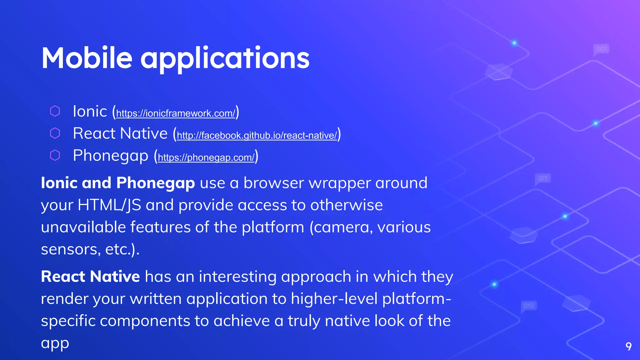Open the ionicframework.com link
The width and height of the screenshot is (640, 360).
[x=175, y=113]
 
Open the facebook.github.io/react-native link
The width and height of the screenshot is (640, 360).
[x=257, y=135]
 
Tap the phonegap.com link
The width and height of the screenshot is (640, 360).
[x=206, y=157]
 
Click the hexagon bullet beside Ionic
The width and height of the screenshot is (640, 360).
[x=55, y=111]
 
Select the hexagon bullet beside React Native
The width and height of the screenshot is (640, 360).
[x=55, y=133]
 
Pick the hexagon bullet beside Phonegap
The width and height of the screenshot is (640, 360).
[x=55, y=155]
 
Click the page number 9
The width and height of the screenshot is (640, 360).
[x=628, y=346]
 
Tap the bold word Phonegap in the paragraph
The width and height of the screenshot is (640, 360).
[x=155, y=183]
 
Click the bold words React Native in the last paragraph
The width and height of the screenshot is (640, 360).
[x=90, y=277]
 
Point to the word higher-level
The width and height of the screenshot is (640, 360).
[x=334, y=299]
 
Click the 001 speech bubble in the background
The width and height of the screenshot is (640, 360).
[x=601, y=49]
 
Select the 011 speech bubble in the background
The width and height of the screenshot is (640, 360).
[x=543, y=178]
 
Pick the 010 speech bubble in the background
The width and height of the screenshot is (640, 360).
[x=529, y=306]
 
